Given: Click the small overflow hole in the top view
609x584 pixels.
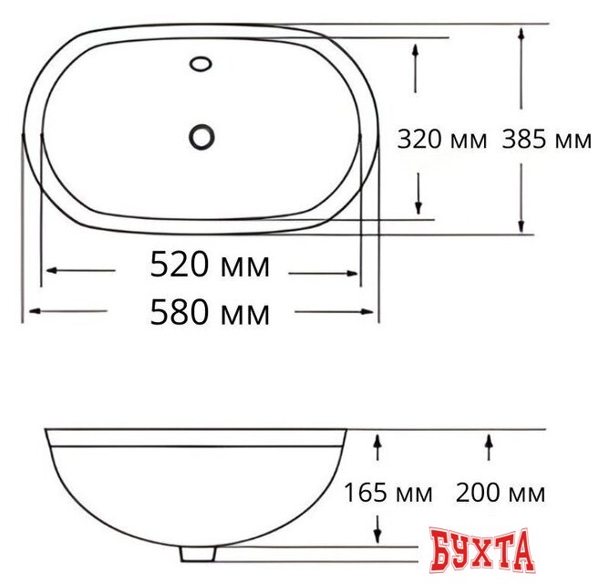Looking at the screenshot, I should pyautogui.click(x=201, y=65).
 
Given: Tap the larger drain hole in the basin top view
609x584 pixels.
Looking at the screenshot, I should pyautogui.click(x=201, y=137).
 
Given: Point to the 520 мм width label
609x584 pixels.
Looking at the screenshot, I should pyautogui.click(x=210, y=266).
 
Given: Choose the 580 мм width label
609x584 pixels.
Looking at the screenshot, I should pyautogui.click(x=210, y=313).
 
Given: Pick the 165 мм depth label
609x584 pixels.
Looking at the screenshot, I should pyautogui.click(x=387, y=494).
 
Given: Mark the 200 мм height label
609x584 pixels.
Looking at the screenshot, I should pyautogui.click(x=500, y=494).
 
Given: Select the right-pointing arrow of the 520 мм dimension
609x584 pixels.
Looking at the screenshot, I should pyautogui.click(x=323, y=271).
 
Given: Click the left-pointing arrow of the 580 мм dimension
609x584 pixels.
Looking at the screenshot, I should pyautogui.click(x=67, y=312).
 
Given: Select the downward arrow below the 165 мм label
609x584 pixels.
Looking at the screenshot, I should pyautogui.click(x=377, y=527).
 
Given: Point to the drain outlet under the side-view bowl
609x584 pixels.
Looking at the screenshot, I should pyautogui.click(x=197, y=552).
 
